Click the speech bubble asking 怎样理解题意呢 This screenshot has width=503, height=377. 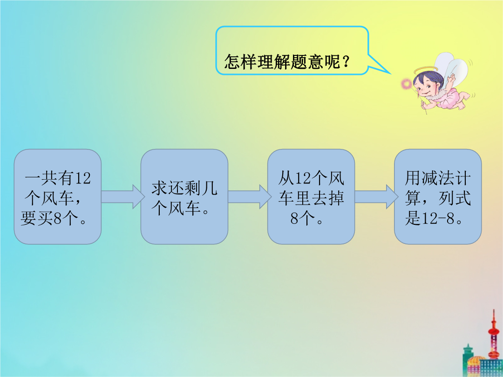point(292,51)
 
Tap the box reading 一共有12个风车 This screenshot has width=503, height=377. point(58,196)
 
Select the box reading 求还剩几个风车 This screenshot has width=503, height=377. point(184,196)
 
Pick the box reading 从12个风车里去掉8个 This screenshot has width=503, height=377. point(311,196)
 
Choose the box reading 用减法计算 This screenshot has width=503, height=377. point(438,196)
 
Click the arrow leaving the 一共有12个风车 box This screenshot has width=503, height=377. point(122,196)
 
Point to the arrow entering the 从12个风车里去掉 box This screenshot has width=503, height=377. point(249,196)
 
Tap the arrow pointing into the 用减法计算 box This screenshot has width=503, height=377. point(376,196)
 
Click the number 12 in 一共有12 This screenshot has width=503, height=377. point(83,178)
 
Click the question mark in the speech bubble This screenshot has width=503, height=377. point(346,61)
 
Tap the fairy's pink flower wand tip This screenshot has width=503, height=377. point(407,84)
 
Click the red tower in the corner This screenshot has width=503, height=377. point(494,337)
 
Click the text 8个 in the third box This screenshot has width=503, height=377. point(303,219)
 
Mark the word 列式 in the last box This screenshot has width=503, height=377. point(455,198)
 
